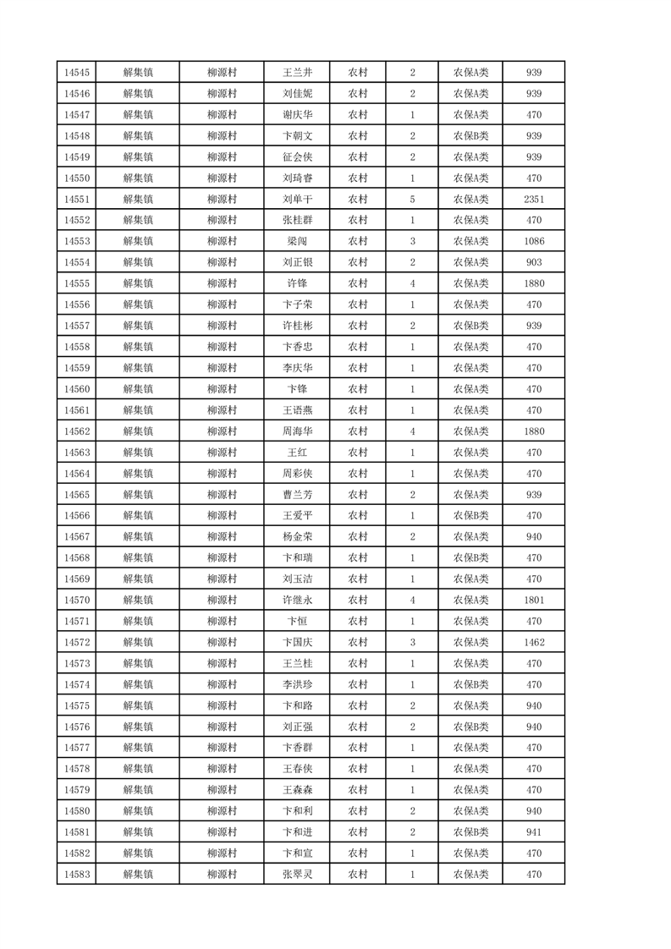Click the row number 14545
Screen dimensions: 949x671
coord(76,73)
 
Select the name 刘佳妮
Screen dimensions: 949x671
coord(297,94)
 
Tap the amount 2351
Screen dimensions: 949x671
coord(533,200)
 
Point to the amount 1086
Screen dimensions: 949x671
coord(533,242)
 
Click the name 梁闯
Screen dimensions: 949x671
coord(297,242)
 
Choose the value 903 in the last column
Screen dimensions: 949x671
coord(533,263)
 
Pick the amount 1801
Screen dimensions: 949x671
coord(533,601)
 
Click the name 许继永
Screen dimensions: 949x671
coord(297,601)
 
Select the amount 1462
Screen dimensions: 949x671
coord(533,643)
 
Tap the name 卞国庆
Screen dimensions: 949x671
coord(297,643)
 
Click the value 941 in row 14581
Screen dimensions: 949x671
coord(533,832)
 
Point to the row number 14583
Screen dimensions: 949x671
coord(76,875)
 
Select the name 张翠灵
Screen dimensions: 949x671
coord(297,875)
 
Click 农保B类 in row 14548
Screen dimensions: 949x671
coord(470,136)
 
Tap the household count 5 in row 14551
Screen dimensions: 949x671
coord(412,200)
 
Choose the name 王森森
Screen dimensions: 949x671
coord(297,790)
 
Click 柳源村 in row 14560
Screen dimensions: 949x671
coord(222,389)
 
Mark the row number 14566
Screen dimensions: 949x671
coord(76,516)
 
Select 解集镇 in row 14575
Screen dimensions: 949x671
coord(137,706)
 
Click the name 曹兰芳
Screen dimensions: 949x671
coord(297,495)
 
